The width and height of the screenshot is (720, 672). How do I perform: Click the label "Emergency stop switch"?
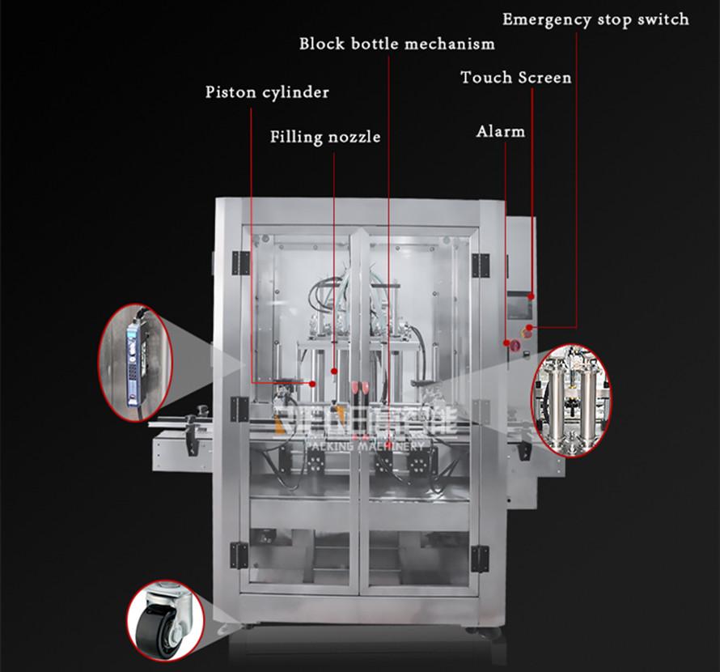pyautogui.click(x=595, y=19)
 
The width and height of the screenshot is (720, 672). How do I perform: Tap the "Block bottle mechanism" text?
pyautogui.click(x=396, y=43)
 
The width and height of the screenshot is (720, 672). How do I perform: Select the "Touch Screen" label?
pyautogui.click(x=515, y=78)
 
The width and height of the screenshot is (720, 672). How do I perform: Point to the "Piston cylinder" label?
pyautogui.click(x=267, y=92)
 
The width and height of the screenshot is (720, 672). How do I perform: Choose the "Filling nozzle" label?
pyautogui.click(x=325, y=137)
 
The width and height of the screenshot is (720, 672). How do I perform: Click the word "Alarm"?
pyautogui.click(x=501, y=130)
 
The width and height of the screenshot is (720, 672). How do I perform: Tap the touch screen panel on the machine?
pyautogui.click(x=519, y=308)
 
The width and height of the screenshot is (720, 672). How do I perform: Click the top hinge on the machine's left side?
pyautogui.click(x=239, y=262)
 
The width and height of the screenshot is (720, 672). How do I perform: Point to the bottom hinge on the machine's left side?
pyautogui.click(x=239, y=555)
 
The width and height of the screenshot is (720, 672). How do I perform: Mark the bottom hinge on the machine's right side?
pyautogui.click(x=480, y=556)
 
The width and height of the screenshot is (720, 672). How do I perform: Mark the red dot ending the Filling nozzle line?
pyautogui.click(x=334, y=371)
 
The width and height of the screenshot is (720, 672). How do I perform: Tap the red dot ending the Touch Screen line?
pyautogui.click(x=532, y=297)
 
